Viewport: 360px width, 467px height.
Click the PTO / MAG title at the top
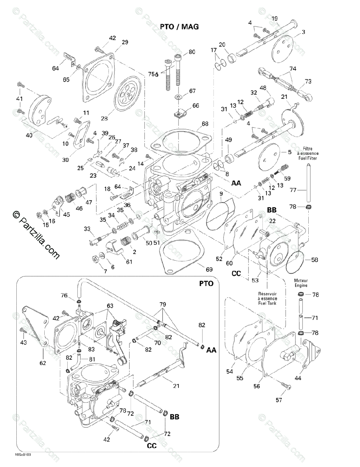179,26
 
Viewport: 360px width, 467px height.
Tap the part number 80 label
192,52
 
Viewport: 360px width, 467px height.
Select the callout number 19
275,18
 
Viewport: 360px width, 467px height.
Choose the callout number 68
205,124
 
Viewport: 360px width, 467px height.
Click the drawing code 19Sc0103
23,454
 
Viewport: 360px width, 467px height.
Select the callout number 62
42,363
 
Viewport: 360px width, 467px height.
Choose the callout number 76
64,295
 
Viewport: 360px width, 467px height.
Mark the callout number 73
308,81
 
